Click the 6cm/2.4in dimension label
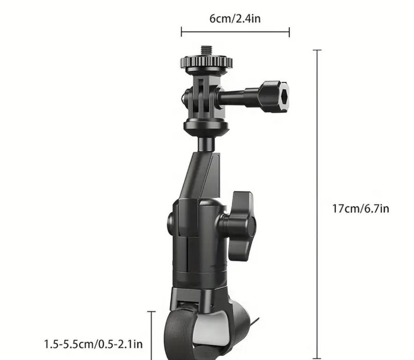(x=235, y=19)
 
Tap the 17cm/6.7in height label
(x=360, y=209)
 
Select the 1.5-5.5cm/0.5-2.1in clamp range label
(x=93, y=344)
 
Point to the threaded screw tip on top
(x=206, y=50)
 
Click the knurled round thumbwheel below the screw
(x=206, y=63)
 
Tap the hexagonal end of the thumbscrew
(x=275, y=96)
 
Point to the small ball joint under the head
(x=205, y=143)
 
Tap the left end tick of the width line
(x=181, y=32)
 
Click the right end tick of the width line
(x=289, y=32)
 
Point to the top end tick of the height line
(x=317, y=50)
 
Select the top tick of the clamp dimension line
(x=151, y=312)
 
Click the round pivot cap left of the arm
(x=170, y=223)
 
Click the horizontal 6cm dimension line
(x=235, y=32)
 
